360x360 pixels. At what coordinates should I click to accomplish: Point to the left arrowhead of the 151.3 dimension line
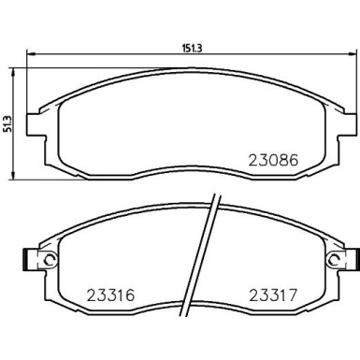click(28, 51)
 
